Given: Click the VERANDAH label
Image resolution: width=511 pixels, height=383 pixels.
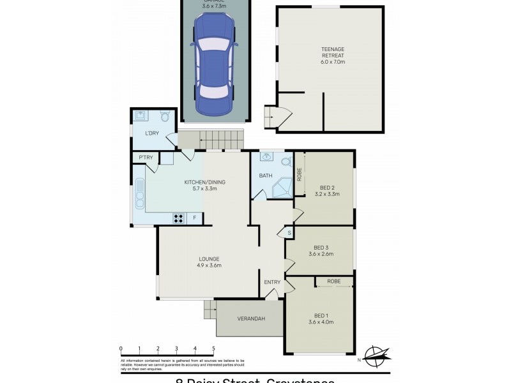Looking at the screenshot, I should (250, 319).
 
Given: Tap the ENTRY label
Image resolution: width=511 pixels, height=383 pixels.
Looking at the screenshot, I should (272, 282).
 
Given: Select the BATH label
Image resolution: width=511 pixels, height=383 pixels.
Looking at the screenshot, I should (266, 176).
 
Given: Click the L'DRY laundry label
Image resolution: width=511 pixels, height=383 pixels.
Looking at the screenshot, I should (151, 133).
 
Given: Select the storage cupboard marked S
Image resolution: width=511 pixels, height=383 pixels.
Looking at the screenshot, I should (289, 232).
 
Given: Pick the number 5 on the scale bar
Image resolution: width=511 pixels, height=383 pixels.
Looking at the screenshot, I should (213, 349).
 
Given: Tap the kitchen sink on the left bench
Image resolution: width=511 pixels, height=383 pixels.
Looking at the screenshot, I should (139, 192).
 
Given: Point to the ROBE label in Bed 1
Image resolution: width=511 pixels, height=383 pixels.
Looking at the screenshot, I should (333, 282).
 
